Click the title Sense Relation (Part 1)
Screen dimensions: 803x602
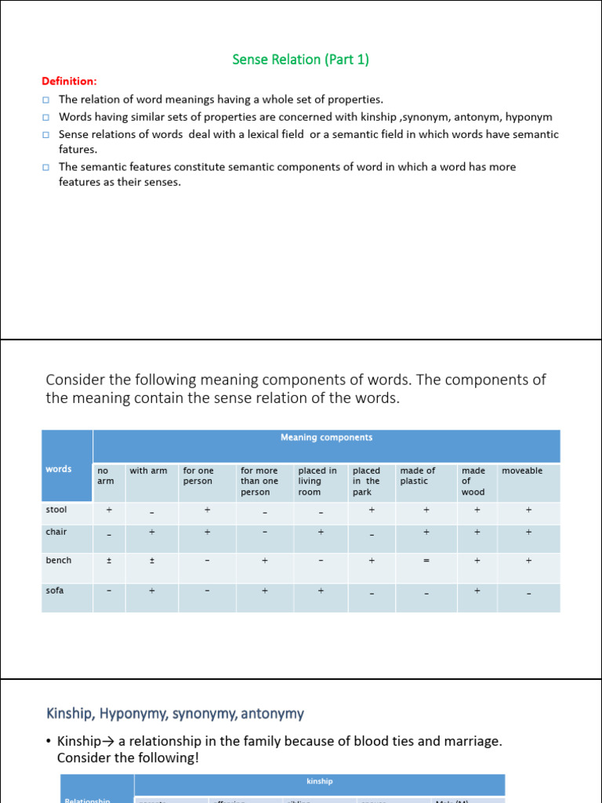(x=300, y=60)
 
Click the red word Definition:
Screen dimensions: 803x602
(x=69, y=81)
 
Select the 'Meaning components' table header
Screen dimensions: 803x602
(x=326, y=438)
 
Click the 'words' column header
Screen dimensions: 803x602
(x=59, y=469)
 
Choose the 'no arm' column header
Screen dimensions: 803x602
(x=105, y=476)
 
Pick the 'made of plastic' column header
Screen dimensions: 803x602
(x=418, y=476)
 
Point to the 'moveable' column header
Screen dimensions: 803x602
(x=522, y=471)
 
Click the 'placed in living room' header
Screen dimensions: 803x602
(x=317, y=481)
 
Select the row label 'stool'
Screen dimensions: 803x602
(x=56, y=510)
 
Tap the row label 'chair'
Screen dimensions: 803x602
(x=56, y=532)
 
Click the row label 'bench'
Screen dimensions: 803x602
(x=58, y=560)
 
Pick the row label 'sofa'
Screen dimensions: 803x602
(x=55, y=590)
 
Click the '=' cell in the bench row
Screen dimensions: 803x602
(x=426, y=561)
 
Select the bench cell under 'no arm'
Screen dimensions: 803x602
(x=109, y=561)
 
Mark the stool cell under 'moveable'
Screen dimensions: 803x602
(x=528, y=510)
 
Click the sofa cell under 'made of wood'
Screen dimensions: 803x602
(x=477, y=590)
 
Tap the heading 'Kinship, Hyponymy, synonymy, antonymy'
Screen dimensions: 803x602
(x=176, y=714)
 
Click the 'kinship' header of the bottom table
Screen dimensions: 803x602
(x=319, y=781)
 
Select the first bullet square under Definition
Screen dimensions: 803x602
(x=46, y=100)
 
